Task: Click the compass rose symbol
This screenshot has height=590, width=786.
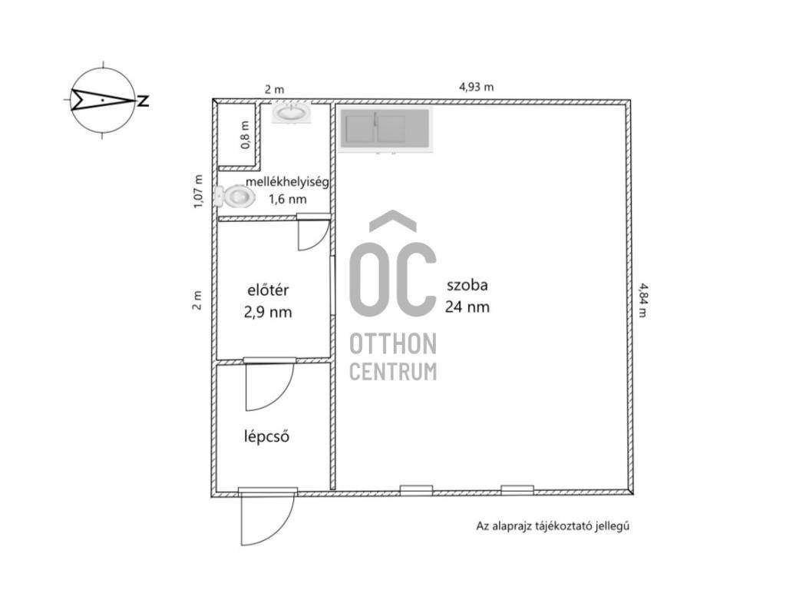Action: pyautogui.click(x=103, y=101)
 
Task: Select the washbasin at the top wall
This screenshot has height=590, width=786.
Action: pyautogui.click(x=292, y=111)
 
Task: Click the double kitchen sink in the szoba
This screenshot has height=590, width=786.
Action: pyautogui.click(x=385, y=128)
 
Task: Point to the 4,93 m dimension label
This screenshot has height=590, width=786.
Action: pyautogui.click(x=476, y=87)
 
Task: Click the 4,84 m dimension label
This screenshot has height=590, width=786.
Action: pyautogui.click(x=642, y=300)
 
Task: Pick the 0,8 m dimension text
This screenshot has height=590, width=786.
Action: pyautogui.click(x=245, y=135)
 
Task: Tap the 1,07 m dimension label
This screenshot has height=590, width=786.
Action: pyautogui.click(x=199, y=191)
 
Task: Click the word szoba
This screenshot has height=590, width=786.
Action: pyautogui.click(x=467, y=286)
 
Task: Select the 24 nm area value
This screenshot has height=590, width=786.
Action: pyautogui.click(x=467, y=307)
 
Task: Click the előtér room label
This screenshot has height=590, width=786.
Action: pyautogui.click(x=268, y=290)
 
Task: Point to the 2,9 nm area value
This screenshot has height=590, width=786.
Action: pyautogui.click(x=268, y=312)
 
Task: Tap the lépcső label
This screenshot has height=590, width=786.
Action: pyautogui.click(x=266, y=436)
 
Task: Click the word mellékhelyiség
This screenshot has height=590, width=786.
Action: pyautogui.click(x=287, y=181)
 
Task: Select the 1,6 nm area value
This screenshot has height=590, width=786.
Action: pyautogui.click(x=288, y=199)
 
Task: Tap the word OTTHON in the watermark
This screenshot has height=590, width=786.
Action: pyautogui.click(x=393, y=344)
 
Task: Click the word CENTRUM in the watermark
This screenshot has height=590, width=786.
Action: pyautogui.click(x=393, y=372)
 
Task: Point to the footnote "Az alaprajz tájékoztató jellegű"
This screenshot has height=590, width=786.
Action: pyautogui.click(x=553, y=526)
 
